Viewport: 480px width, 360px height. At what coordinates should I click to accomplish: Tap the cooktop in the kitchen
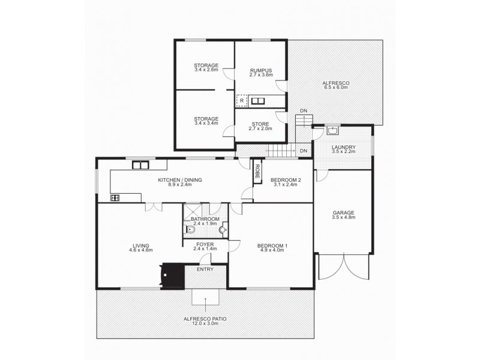click(x=115, y=197)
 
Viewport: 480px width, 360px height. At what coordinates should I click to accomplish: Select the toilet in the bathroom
click(x=191, y=229)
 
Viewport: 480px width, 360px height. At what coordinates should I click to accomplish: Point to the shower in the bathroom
click(x=193, y=211)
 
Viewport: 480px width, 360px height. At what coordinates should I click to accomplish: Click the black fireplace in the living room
click(x=172, y=275)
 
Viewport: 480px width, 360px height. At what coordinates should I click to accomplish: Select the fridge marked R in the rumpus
click(x=241, y=101)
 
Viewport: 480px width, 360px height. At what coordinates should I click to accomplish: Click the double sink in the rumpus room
click(x=259, y=101)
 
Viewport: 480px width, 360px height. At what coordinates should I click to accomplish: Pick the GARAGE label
click(x=344, y=212)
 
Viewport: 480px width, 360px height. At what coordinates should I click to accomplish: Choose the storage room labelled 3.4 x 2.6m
click(x=206, y=68)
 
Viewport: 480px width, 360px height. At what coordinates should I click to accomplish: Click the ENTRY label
click(x=205, y=269)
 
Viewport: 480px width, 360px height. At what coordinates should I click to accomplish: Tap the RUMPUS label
click(x=261, y=70)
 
